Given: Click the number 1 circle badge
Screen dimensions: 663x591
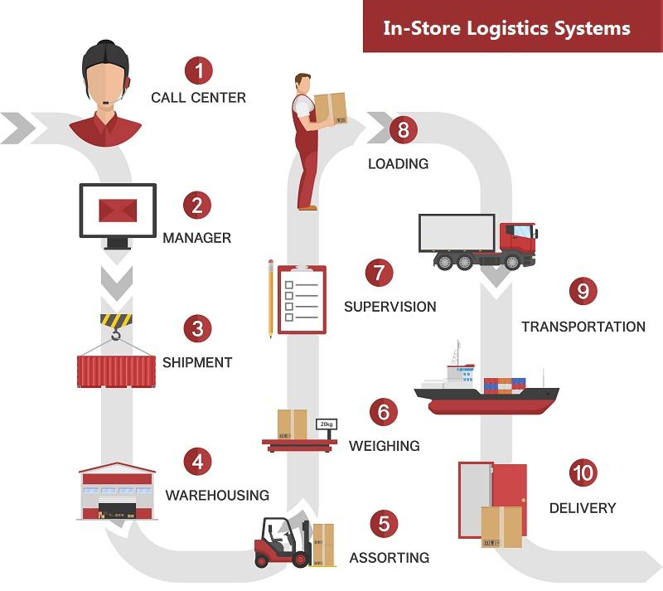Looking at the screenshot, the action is pos(199,70).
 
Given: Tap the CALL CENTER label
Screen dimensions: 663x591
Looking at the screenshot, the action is pos(198,98).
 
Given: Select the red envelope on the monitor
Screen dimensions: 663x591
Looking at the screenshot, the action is pos(118,211).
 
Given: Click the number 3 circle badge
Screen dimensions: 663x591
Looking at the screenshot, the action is pos(197,329).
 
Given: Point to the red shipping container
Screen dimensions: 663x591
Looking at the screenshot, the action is pos(116,371).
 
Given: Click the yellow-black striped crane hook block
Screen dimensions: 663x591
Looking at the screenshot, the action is pos(116,320).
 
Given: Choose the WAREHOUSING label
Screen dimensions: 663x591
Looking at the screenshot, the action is pos(217,495).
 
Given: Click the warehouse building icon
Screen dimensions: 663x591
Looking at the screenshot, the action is pos(117,492).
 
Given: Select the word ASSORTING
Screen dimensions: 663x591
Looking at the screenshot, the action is pos(389,558).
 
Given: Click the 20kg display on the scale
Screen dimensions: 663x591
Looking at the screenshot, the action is pos(327,424).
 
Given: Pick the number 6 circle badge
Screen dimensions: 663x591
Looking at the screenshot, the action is pos(384,412).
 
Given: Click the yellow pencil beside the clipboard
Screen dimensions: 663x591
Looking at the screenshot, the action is pos(271,298).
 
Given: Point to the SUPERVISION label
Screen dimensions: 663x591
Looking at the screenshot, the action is pos(390,307).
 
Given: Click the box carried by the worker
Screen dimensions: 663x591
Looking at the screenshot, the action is pos(330,109).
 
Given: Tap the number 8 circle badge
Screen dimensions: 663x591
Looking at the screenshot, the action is pos(403,129).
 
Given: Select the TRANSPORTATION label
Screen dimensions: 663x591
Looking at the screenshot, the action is pos(583,327).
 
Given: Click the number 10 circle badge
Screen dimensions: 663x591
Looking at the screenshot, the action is pos(583,472).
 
